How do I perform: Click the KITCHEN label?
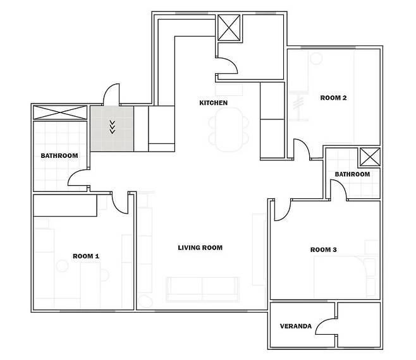click(213, 103)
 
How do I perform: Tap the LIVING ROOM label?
click(200, 248)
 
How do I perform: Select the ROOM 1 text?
click(86, 256)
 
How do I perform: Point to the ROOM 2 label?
click(333, 98)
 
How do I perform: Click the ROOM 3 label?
click(324, 249)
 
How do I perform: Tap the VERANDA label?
click(296, 326)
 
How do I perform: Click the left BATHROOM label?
click(59, 155)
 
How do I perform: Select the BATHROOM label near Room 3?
click(352, 174)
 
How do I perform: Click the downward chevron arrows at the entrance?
click(113, 127)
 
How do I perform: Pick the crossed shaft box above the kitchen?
click(229, 28)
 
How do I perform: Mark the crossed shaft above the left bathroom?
click(60, 112)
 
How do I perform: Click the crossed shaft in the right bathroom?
click(370, 157)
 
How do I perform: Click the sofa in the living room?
click(203, 289)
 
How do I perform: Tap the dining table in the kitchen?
click(229, 129)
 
